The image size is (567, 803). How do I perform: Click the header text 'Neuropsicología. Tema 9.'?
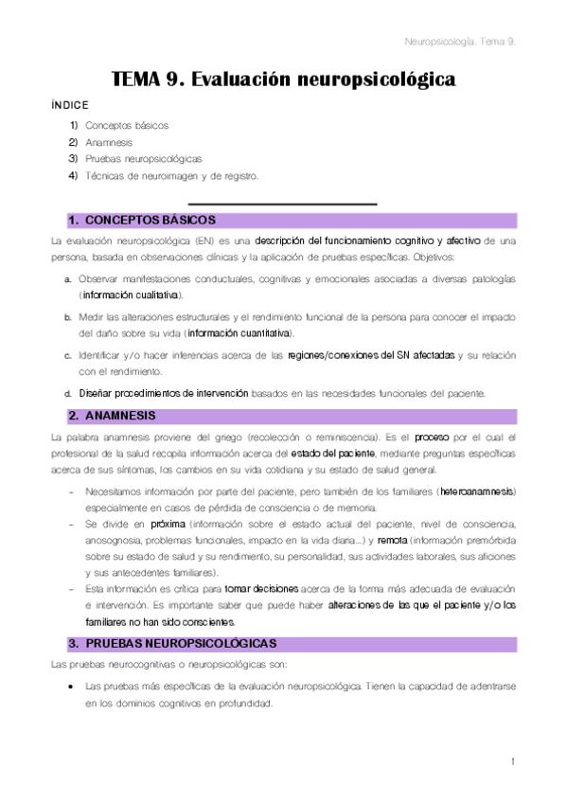click(x=459, y=42)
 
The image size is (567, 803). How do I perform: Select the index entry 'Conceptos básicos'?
click(x=127, y=125)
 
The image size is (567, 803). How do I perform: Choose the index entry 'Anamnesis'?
click(x=109, y=142)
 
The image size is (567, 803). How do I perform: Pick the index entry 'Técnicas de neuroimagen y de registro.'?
click(x=170, y=175)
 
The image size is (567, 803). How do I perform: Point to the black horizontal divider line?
click(x=282, y=204)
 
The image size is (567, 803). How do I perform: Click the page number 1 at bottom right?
click(x=511, y=761)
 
